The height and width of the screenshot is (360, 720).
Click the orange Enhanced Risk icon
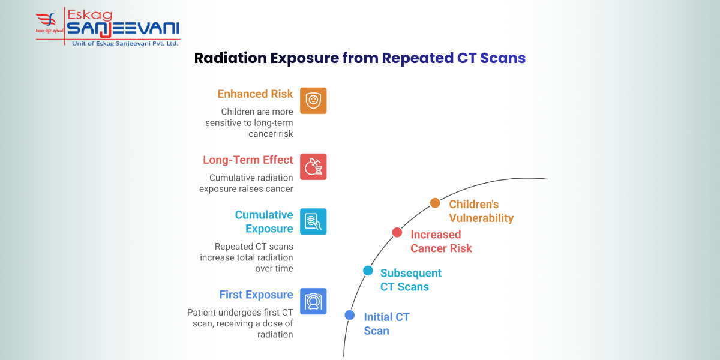313,101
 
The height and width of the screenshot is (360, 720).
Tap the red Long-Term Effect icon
313,167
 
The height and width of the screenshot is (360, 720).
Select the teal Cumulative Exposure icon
313,221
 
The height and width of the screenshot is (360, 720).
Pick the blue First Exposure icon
313,301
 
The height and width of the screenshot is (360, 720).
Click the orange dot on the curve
435,203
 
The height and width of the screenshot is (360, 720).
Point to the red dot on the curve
397,232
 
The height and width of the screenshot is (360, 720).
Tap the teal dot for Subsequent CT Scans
368,271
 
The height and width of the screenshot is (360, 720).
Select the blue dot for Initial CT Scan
350,315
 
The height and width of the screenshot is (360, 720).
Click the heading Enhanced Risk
255,94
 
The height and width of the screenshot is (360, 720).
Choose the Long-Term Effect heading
248,160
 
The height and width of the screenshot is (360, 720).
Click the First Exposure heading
256,295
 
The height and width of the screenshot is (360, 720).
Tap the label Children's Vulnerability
481,211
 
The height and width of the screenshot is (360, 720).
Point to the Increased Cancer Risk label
441,241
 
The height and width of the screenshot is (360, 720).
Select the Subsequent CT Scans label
410,280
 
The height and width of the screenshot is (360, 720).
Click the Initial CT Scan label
386,323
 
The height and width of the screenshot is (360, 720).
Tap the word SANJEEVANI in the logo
123,29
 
